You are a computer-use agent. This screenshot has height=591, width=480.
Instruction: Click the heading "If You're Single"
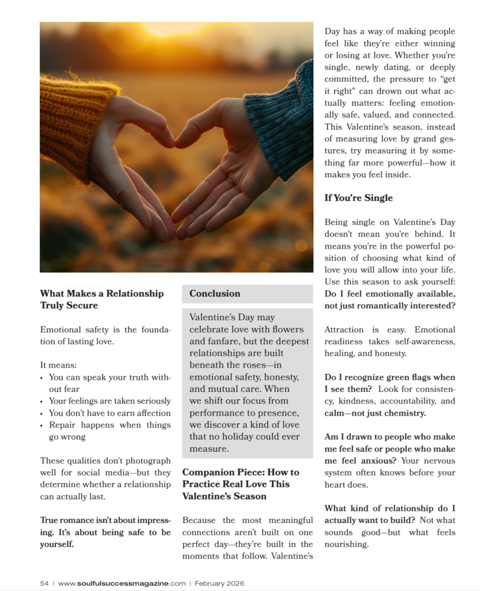coord(358,198)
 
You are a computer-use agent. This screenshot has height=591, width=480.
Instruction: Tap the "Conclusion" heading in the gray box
coord(215,293)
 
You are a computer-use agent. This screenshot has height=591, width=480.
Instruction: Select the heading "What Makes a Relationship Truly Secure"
coord(102,299)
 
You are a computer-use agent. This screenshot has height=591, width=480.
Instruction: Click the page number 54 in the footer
coord(44,583)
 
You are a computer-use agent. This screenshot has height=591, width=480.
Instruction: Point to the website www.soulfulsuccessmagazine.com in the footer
coord(122,583)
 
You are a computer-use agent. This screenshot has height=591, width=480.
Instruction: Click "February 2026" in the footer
coord(219,583)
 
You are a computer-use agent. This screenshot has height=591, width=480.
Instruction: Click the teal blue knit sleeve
coord(283,121)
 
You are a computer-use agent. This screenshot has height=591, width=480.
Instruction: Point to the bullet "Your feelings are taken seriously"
coord(110,401)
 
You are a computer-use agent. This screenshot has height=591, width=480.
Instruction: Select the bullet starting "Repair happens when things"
coord(110,425)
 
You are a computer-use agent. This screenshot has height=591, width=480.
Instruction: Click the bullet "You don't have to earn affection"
coord(110,413)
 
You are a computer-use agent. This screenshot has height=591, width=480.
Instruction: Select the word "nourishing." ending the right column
coord(346,544)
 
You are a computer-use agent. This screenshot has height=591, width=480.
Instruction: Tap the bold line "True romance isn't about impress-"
coord(105,520)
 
